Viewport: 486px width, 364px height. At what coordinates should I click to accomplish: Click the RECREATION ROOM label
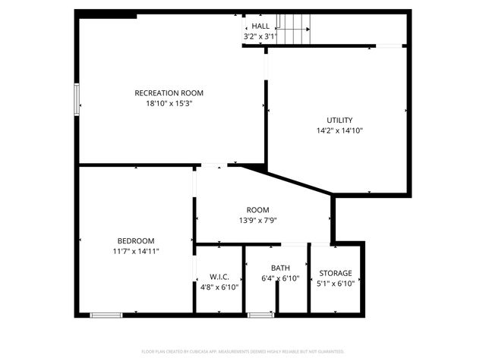coord(169,93)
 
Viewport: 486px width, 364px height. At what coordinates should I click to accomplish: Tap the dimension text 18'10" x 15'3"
coord(169,104)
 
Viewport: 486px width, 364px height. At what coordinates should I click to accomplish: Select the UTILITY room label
coord(339,120)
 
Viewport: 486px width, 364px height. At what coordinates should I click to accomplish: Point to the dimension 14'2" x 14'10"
coord(339,130)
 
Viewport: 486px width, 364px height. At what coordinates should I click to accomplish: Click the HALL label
coord(260,26)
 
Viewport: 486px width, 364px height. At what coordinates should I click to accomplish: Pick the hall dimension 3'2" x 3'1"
coord(260,36)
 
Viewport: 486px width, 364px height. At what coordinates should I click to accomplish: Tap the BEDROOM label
coord(136,240)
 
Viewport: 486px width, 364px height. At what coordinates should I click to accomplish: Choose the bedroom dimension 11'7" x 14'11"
coord(136,251)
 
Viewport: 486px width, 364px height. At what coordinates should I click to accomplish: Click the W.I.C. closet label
coord(219,277)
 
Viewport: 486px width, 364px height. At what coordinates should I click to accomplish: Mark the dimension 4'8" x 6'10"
coord(219,287)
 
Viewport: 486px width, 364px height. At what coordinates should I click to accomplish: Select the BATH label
coord(280,268)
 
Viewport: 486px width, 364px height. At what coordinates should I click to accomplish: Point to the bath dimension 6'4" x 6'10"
coord(280,279)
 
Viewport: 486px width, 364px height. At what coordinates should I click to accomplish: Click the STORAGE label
coord(336,273)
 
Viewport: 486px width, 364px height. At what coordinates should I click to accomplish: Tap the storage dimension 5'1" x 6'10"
coord(336,284)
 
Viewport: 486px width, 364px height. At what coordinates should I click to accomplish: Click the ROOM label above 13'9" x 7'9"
coord(257,210)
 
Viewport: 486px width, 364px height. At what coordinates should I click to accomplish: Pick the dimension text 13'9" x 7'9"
coord(257,221)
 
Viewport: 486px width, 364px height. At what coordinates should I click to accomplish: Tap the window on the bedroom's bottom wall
coord(106,315)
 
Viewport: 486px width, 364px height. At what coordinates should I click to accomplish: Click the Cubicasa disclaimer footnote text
coord(243,352)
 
